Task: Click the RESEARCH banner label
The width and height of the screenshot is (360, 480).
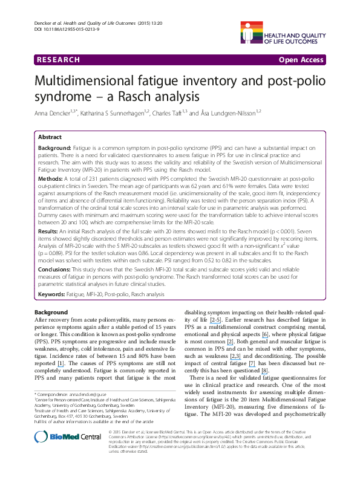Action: click(58, 60)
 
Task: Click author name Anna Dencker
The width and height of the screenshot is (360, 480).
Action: click(53, 112)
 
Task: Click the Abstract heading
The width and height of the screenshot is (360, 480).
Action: click(50, 137)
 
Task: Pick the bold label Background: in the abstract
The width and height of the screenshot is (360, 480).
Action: click(55, 148)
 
